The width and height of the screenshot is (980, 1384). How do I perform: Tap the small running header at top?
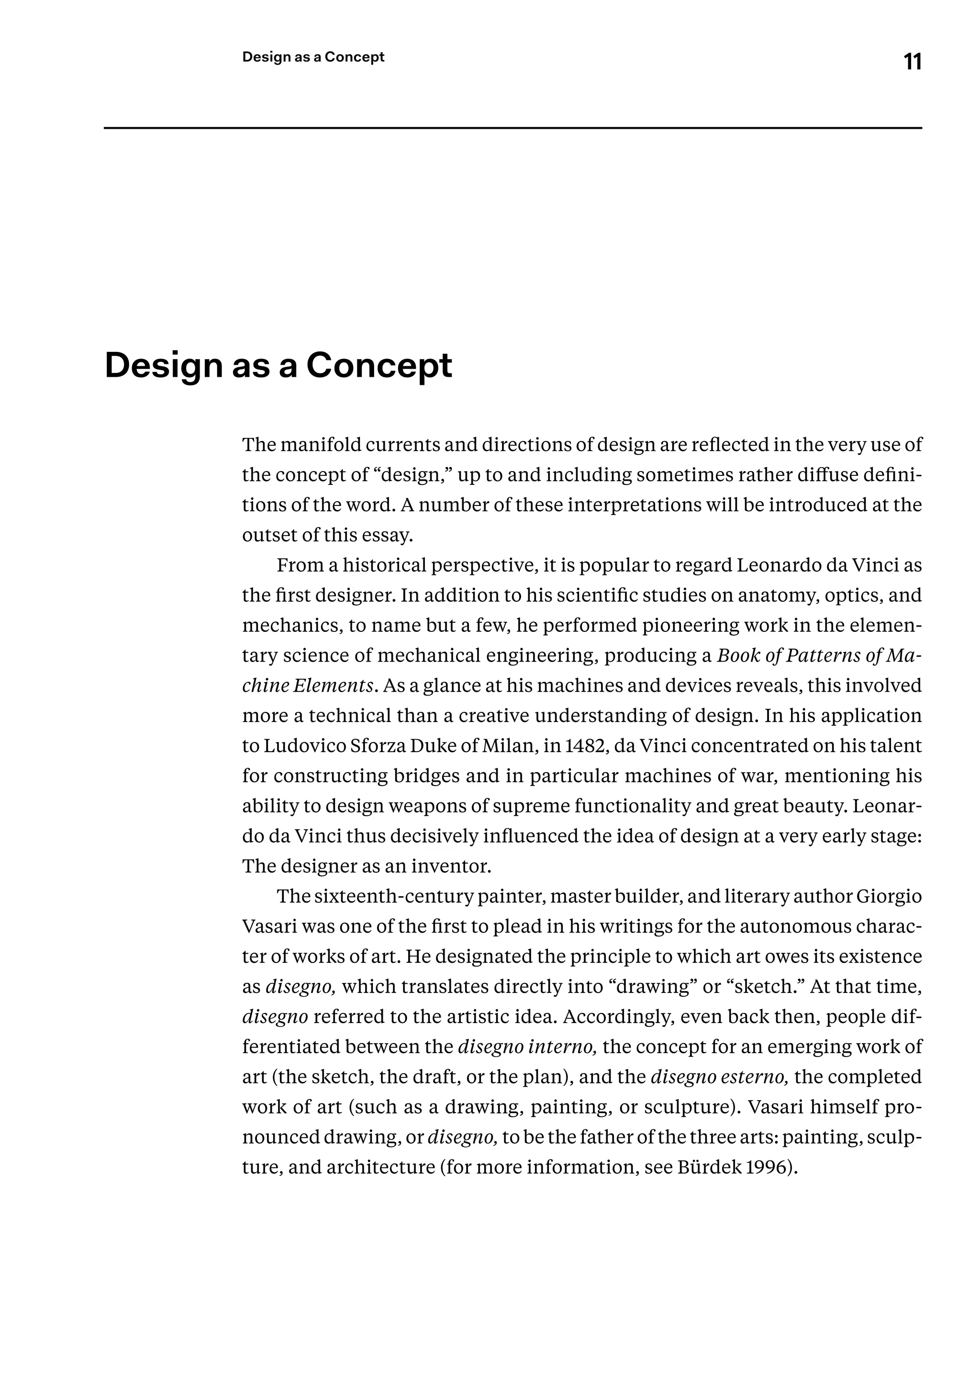coord(313,57)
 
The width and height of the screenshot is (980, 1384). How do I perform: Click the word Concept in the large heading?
coord(379,366)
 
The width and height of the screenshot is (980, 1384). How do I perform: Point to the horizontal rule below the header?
coord(513,128)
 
